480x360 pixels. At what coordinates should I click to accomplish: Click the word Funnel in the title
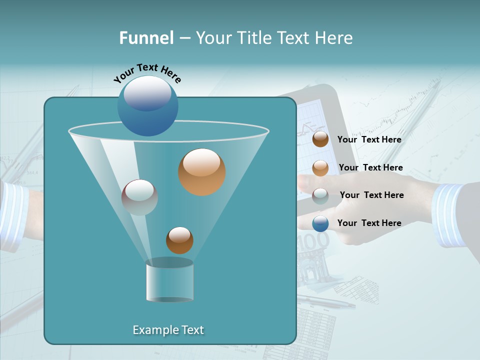146,38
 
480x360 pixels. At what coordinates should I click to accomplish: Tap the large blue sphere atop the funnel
147,105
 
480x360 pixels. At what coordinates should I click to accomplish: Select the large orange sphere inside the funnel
201,172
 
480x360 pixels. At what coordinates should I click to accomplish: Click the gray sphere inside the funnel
139,197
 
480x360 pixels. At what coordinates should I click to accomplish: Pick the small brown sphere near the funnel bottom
179,240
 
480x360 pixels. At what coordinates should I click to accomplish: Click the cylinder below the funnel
169,281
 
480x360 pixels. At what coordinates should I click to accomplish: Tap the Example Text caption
168,330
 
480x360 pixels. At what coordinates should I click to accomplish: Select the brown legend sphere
320,139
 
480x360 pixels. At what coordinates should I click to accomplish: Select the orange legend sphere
320,168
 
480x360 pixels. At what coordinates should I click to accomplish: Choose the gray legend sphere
320,195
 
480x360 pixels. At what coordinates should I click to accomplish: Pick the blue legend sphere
320,223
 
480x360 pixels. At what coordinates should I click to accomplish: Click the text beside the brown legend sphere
369,139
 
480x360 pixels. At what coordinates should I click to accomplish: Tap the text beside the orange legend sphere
370,167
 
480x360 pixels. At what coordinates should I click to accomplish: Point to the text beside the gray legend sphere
371,195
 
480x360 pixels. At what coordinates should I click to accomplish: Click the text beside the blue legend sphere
369,223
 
